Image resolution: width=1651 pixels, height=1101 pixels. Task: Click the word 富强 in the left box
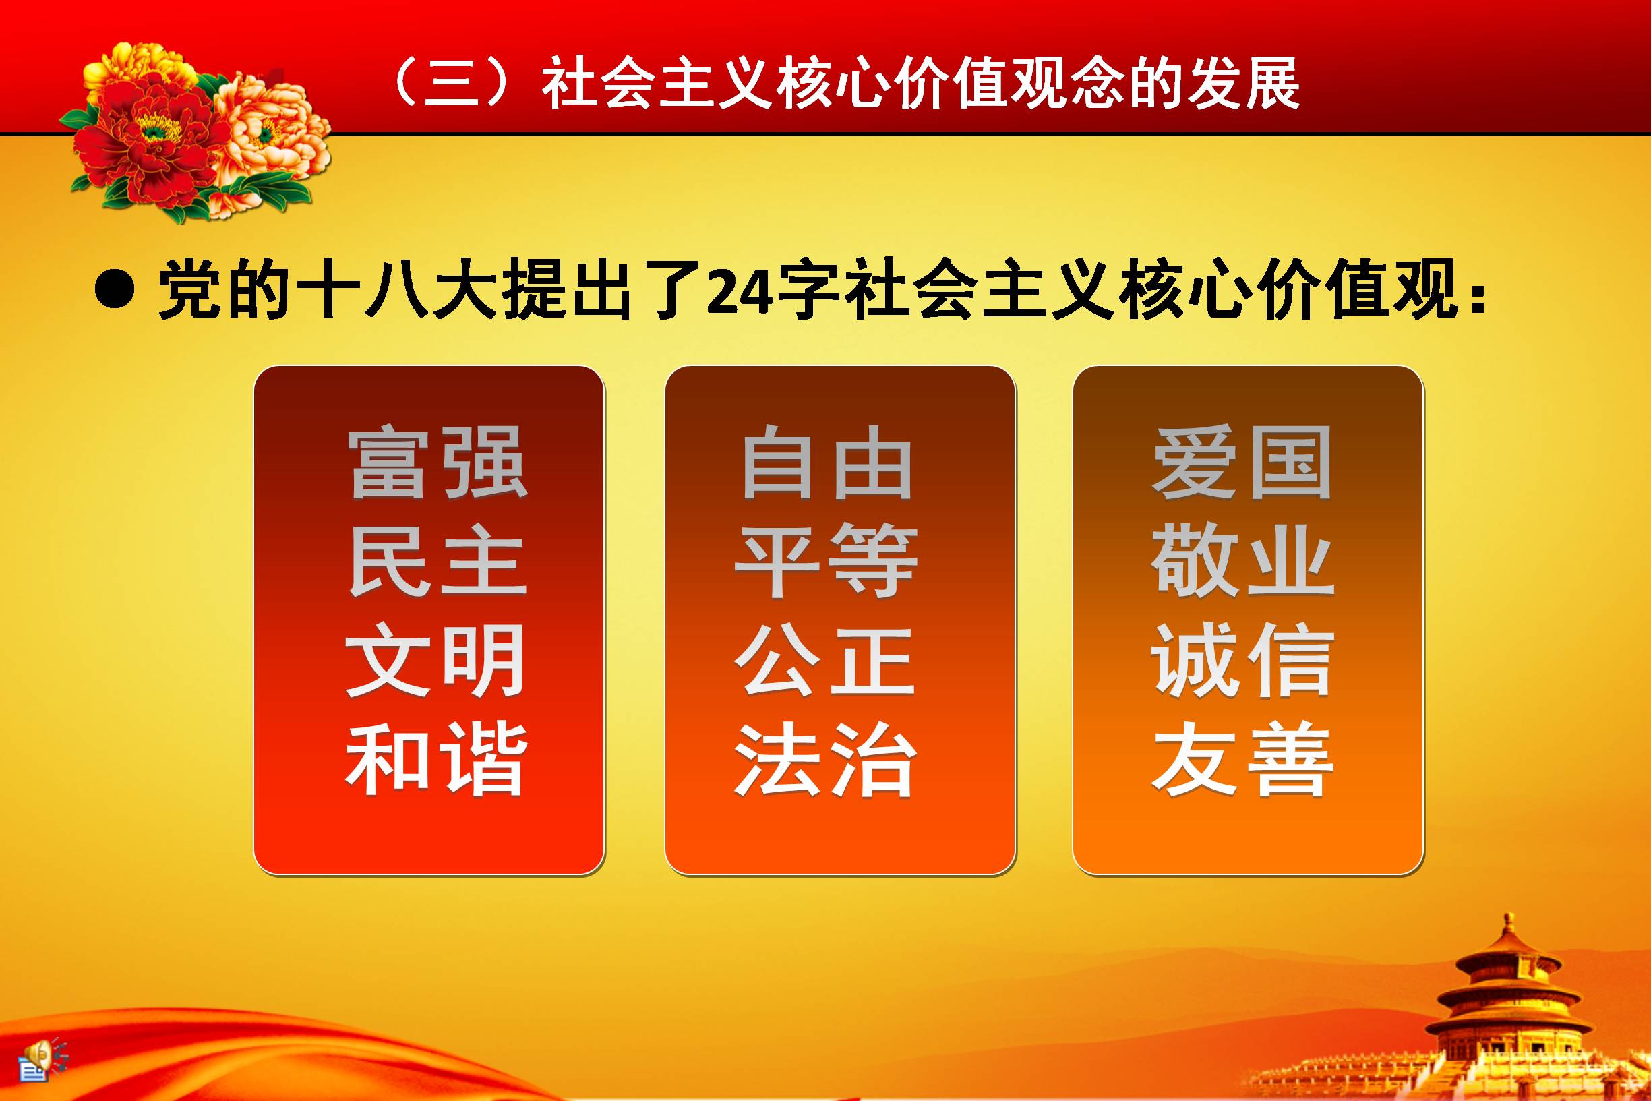coord(438,463)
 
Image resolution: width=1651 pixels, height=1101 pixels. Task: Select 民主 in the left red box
coord(438,560)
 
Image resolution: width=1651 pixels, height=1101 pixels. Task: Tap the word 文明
coord(436,660)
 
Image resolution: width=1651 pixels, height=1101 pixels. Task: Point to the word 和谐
coord(436,759)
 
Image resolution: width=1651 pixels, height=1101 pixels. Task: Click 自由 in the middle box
coord(827,463)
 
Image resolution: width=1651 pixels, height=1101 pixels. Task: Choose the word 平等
coord(827,560)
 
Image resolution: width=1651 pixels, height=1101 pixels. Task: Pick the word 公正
coord(825,660)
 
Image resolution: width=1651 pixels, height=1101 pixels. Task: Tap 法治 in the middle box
coord(825,759)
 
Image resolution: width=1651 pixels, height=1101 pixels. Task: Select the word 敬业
coord(1242,560)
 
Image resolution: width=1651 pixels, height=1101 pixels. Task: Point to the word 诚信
coord(1242,660)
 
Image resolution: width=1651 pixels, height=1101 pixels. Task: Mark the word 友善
coord(1242,759)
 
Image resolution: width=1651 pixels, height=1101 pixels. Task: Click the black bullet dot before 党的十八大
coord(115,289)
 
